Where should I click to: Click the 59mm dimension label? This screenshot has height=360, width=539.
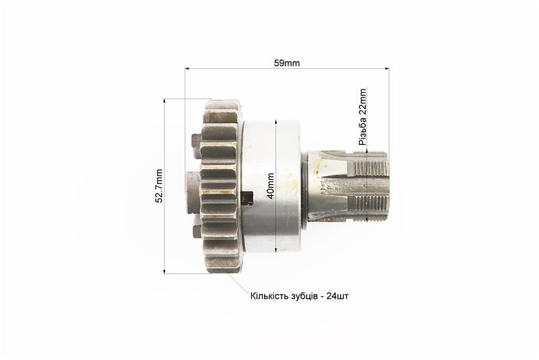287,63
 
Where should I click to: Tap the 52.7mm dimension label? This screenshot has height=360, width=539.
159,185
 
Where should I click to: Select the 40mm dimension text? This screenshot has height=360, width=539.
271,185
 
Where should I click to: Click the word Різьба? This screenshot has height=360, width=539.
362,131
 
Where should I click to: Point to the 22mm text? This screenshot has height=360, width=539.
362,102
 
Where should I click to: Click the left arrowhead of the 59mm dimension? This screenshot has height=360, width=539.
188,68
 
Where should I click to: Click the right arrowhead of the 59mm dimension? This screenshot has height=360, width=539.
386,68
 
